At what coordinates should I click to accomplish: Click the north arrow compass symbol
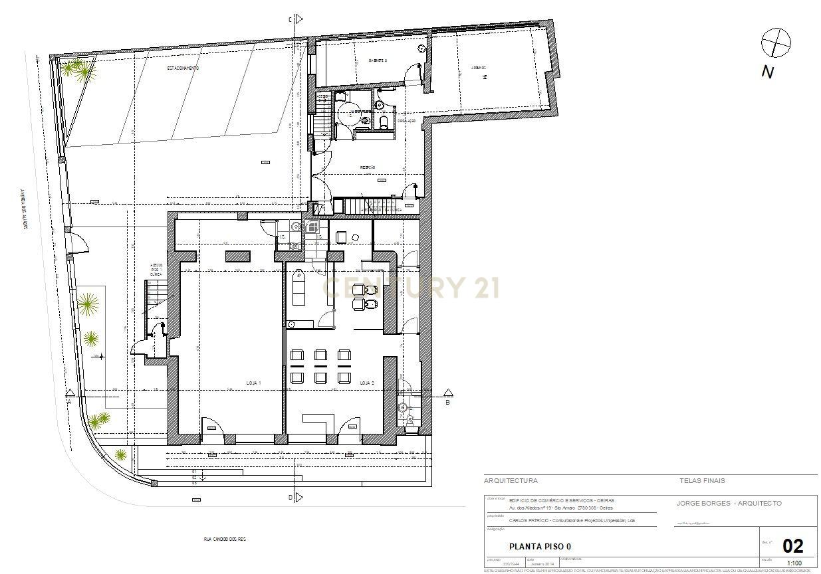pyautogui.click(x=776, y=44)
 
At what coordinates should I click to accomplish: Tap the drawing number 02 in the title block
pyautogui.click(x=792, y=546)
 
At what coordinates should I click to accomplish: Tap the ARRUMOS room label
pyautogui.click(x=479, y=67)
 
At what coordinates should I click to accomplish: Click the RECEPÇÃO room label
pyautogui.click(x=368, y=167)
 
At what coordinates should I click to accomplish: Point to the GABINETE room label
pyautogui.click(x=378, y=60)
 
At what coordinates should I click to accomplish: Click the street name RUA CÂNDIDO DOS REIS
pyautogui.click(x=225, y=539)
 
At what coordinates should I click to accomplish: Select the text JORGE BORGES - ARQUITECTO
pyautogui.click(x=729, y=504)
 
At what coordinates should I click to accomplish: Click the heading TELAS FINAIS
pyautogui.click(x=702, y=480)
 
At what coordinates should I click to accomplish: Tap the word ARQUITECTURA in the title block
pyautogui.click(x=511, y=480)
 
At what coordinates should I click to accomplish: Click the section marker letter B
pyautogui.click(x=447, y=402)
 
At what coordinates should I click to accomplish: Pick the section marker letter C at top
pyautogui.click(x=290, y=20)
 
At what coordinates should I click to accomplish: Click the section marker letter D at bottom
pyautogui.click(x=290, y=497)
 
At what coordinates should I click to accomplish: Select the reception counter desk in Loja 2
pyautogui.click(x=320, y=421)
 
